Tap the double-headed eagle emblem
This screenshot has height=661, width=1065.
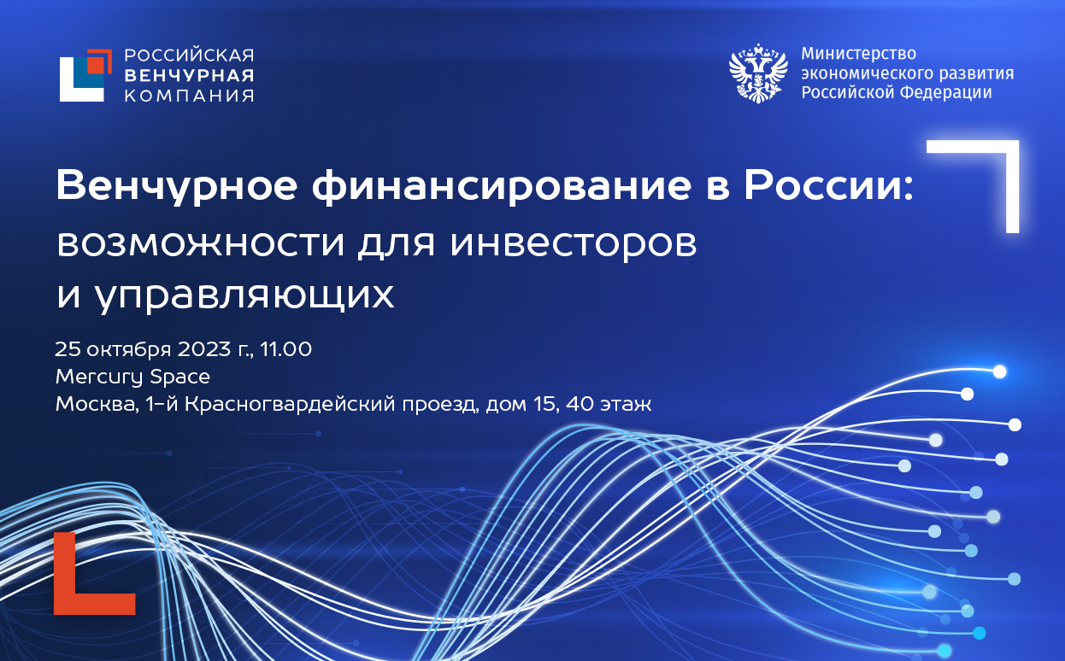pyautogui.click(x=757, y=74)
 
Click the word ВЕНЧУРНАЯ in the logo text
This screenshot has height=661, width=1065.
pyautogui.click(x=189, y=75)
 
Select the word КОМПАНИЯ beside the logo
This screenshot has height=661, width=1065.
pyautogui.click(x=189, y=95)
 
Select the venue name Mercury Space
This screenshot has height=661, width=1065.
pyautogui.click(x=132, y=377)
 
